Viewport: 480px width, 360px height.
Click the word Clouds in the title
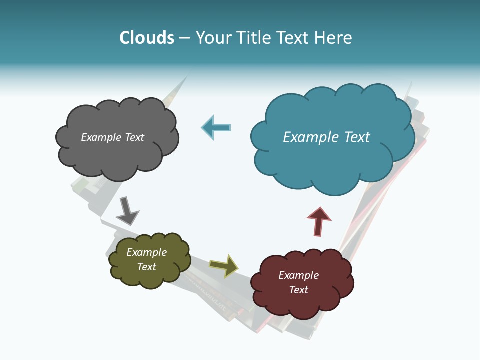[x=147, y=38]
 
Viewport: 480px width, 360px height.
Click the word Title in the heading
[x=253, y=38]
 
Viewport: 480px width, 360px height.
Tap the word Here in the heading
[x=334, y=38]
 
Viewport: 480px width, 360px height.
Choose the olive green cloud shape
[x=150, y=277]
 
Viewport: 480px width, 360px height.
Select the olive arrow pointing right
[x=223, y=266]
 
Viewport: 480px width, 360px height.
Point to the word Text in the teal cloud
[x=357, y=137]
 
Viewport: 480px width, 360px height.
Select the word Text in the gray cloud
[x=134, y=137]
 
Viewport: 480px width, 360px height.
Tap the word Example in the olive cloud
[x=146, y=252]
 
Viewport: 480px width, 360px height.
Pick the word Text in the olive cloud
[x=147, y=267]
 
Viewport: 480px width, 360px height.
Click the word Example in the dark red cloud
[x=298, y=275]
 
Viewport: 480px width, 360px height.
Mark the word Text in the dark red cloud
[x=299, y=290]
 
